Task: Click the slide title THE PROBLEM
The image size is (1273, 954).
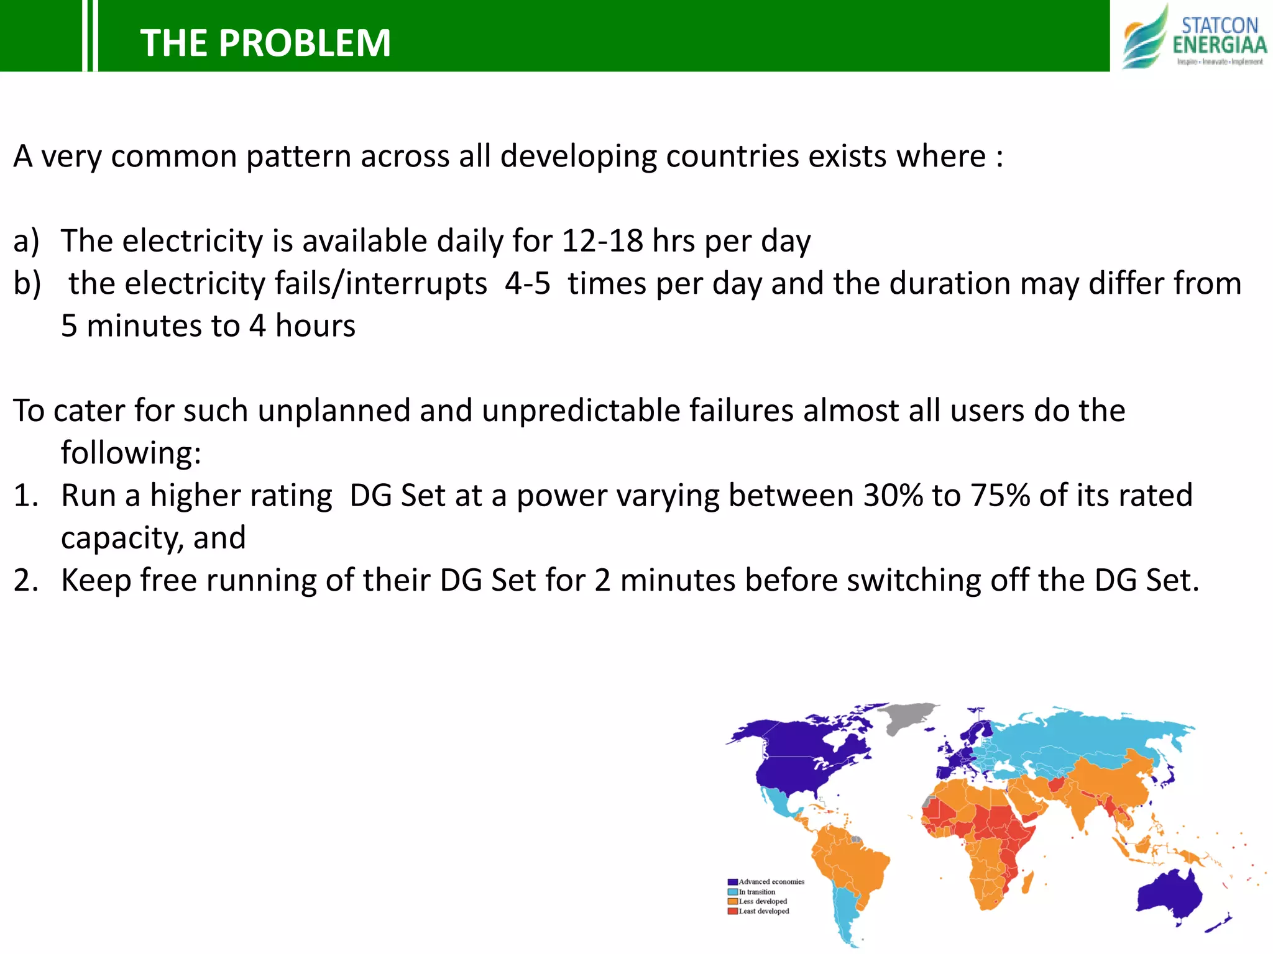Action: click(x=265, y=43)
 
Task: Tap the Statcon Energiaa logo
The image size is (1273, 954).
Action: click(x=1194, y=37)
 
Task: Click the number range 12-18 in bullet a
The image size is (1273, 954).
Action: click(x=602, y=241)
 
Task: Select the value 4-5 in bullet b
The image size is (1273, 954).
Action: click(x=527, y=284)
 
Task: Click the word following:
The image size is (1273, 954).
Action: click(x=131, y=453)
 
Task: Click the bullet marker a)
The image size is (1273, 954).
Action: click(x=26, y=241)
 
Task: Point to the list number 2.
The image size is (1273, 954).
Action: click(x=26, y=581)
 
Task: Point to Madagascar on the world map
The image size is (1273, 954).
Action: click(x=1027, y=882)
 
